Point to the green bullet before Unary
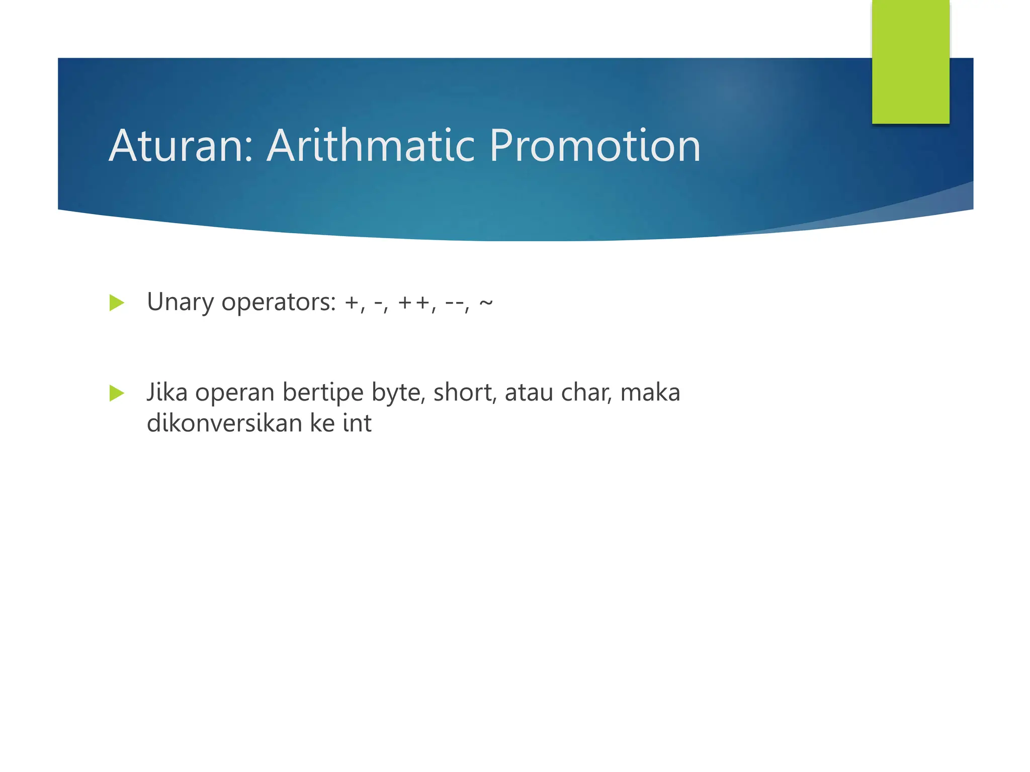[x=116, y=303]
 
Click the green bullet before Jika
[x=116, y=394]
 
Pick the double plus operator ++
[x=414, y=303]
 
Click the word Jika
[x=167, y=393]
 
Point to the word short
[x=463, y=393]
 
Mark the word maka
[x=650, y=393]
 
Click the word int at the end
[x=357, y=423]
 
